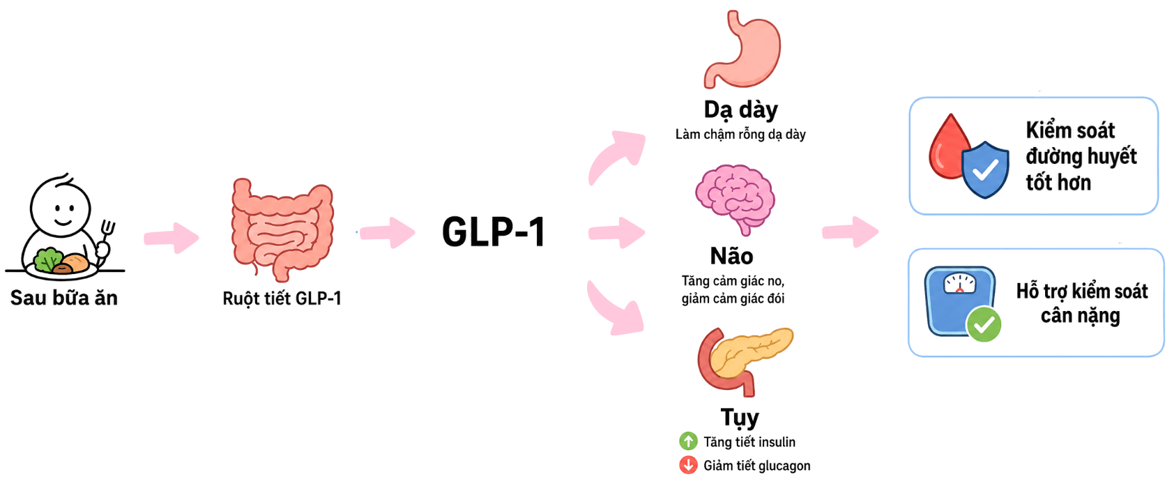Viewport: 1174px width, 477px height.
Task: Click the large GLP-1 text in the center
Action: point(494,232)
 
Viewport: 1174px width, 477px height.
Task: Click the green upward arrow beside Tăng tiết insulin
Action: point(688,441)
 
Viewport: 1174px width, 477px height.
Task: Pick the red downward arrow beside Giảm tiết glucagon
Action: point(688,465)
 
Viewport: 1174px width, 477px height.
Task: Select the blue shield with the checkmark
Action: point(985,169)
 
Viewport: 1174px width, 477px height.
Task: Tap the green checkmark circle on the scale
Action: point(984,325)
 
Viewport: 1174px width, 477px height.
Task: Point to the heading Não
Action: point(731,257)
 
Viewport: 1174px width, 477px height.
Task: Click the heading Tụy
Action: point(740,418)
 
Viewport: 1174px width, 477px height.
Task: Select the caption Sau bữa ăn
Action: point(64,298)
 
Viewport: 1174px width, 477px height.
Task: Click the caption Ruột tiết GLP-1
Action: point(282,298)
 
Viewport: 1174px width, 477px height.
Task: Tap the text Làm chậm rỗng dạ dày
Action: point(740,135)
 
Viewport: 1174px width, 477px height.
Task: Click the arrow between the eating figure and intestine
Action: point(171,238)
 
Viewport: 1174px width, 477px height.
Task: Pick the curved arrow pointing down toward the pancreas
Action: point(614,309)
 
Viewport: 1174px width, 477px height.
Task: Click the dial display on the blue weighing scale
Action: point(960,283)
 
